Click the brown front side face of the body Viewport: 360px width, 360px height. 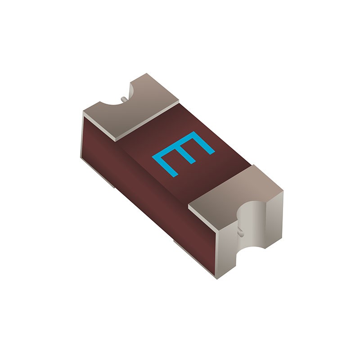[135, 180]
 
